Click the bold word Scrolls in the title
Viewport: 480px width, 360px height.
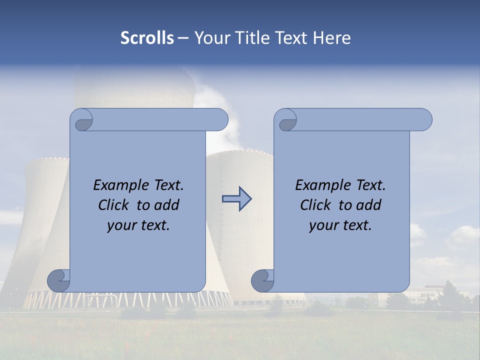click(147, 38)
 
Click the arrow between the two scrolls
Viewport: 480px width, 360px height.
click(237, 199)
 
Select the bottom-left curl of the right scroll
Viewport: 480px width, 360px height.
click(263, 280)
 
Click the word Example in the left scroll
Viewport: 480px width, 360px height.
click(119, 185)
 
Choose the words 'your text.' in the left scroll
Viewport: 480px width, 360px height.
click(138, 225)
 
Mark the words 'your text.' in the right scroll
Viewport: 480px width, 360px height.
click(340, 225)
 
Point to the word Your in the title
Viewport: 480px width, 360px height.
click(211, 38)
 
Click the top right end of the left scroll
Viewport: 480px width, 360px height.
click(220, 120)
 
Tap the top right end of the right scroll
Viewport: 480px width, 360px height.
click(424, 120)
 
